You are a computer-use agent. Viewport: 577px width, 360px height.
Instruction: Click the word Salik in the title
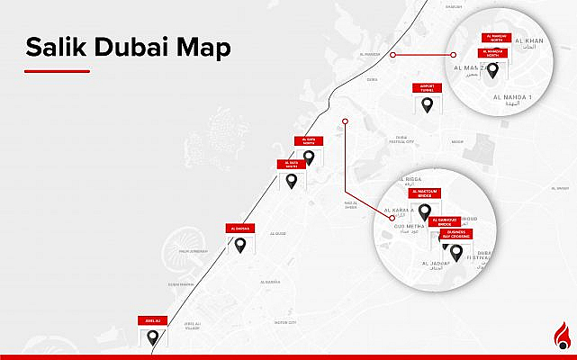pyautogui.click(x=55, y=47)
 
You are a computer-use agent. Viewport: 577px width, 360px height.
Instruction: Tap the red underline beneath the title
pyautogui.click(x=57, y=70)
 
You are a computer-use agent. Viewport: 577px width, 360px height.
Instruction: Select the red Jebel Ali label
pyautogui.click(x=152, y=320)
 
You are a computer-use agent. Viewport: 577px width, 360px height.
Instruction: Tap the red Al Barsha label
pyautogui.click(x=242, y=229)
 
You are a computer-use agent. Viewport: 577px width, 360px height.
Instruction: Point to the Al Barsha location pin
pyautogui.click(x=242, y=244)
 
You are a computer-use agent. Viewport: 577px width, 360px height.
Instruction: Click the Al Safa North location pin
pyautogui.click(x=309, y=157)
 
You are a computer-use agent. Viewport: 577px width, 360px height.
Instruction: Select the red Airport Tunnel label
pyautogui.click(x=428, y=88)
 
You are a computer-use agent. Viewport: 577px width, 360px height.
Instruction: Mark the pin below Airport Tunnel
pyautogui.click(x=428, y=105)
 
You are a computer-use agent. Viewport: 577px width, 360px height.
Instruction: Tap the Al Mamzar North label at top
pyautogui.click(x=496, y=38)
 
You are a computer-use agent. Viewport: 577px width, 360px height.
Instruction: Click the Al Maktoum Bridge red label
pyautogui.click(x=424, y=193)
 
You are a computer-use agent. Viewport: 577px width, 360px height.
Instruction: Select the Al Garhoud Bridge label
pyautogui.click(x=446, y=220)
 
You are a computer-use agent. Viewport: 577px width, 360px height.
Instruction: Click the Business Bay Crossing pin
pyautogui.click(x=456, y=251)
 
